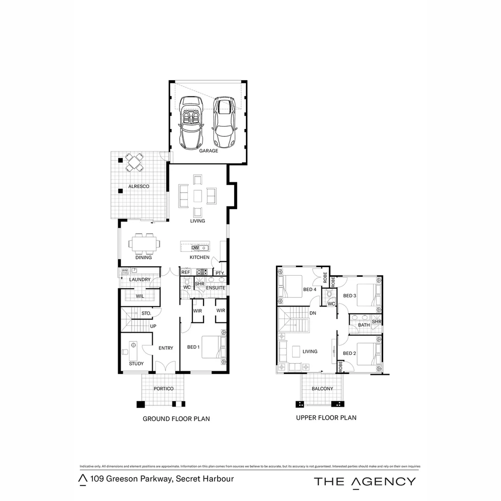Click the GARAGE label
tap(208, 151)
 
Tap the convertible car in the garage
tap(191, 123)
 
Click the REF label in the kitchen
tap(186, 273)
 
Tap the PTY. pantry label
tap(220, 273)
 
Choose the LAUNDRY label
tap(140, 280)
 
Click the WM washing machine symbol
tap(125, 270)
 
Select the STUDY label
tap(136, 364)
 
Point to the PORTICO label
tap(164, 389)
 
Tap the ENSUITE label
tap(216, 288)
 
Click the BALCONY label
tap(322, 389)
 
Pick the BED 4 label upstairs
tap(310, 290)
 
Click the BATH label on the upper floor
tap(364, 325)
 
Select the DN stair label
tap(313, 314)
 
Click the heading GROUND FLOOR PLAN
tap(176, 419)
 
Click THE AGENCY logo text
tap(365, 482)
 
